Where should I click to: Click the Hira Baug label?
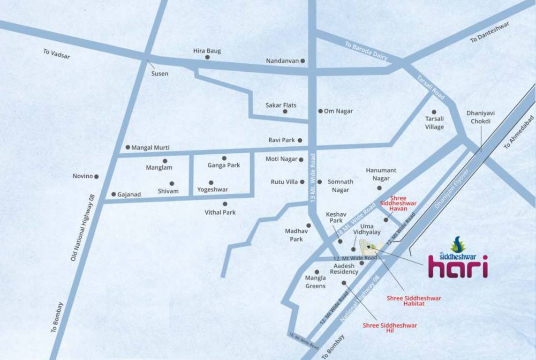pyautogui.click(x=207, y=51)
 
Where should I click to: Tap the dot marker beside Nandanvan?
pyautogui.click(x=303, y=61)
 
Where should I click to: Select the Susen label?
pyautogui.click(x=159, y=74)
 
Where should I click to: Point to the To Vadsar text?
pyautogui.click(x=56, y=53)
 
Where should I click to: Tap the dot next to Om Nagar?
pyautogui.click(x=320, y=111)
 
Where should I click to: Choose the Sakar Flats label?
pyautogui.click(x=281, y=105)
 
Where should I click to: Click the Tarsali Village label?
pyautogui.click(x=434, y=123)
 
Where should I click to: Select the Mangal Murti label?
pyautogui.click(x=151, y=148)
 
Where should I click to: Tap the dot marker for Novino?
pyautogui.click(x=97, y=177)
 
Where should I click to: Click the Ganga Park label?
pyautogui.click(x=224, y=165)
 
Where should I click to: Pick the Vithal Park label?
pyautogui.click(x=220, y=212)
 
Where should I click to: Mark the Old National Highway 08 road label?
pyautogui.click(x=83, y=227)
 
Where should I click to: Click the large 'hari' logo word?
pyautogui.click(x=458, y=267)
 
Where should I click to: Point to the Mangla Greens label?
pyautogui.click(x=315, y=282)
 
